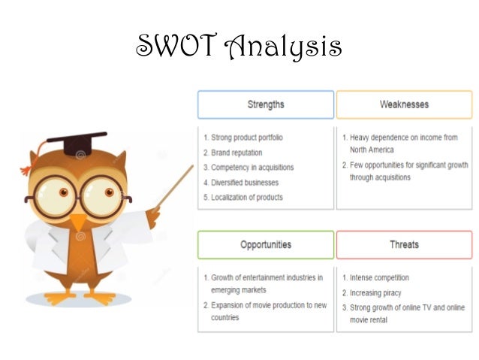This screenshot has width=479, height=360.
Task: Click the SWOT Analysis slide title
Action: pos(238,47)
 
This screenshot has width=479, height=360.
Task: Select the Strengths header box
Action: pos(266,104)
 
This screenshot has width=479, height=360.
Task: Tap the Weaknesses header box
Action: pos(404,104)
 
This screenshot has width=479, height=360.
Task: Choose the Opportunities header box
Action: pos(266,244)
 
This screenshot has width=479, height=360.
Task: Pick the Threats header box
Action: pos(404,244)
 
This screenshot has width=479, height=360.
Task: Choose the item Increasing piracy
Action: pos(376,292)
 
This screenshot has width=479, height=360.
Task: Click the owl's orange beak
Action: pos(79,222)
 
